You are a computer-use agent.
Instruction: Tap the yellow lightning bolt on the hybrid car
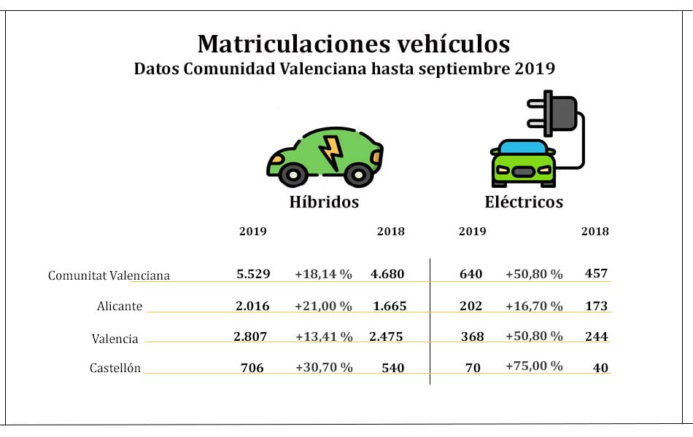(331, 151)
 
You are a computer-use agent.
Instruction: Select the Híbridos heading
(324, 202)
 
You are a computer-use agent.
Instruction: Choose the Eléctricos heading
(524, 202)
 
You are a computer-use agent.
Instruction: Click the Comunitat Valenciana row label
(109, 275)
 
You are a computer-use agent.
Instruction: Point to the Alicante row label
(119, 307)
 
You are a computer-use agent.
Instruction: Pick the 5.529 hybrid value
(253, 274)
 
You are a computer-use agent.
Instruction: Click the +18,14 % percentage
(323, 275)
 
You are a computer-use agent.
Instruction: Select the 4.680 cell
(387, 274)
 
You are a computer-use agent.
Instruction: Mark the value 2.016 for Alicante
(252, 306)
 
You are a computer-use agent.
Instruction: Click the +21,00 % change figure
(323, 307)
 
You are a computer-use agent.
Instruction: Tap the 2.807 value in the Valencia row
(252, 336)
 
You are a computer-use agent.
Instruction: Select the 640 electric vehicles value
(471, 274)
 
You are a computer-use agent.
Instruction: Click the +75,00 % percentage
(534, 366)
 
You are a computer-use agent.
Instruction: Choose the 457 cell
(597, 274)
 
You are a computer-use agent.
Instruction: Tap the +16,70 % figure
(534, 307)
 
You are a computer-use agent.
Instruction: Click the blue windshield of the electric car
(522, 148)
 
